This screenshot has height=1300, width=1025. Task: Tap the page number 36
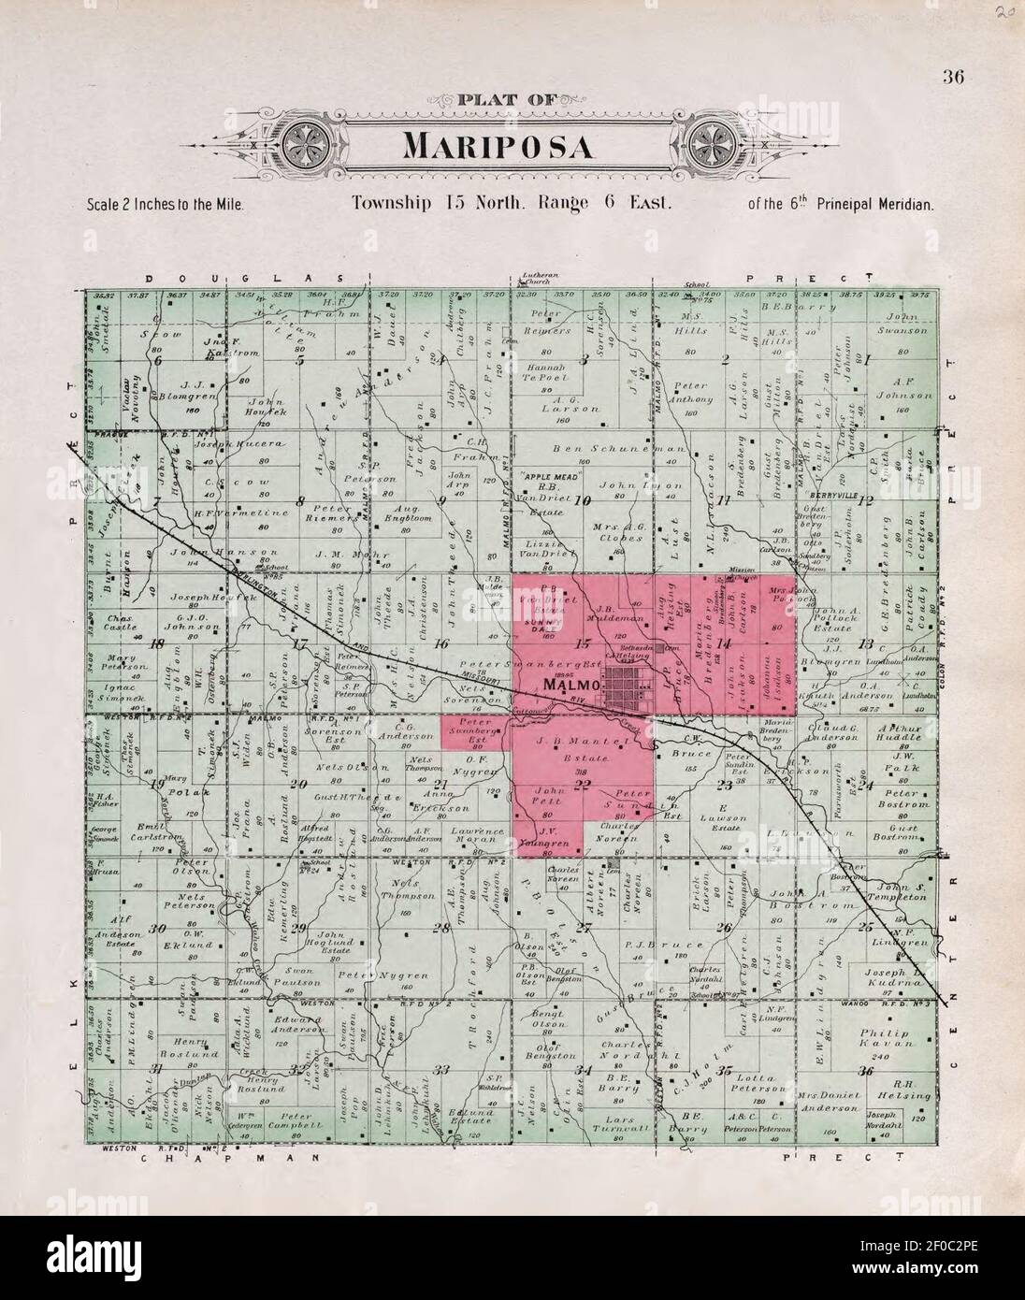954,78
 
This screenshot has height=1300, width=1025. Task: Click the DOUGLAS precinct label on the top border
244,279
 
